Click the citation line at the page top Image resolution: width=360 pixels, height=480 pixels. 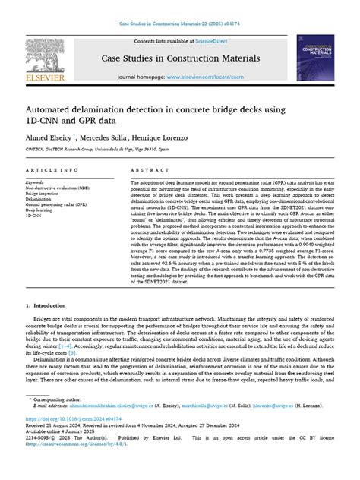click(x=180, y=24)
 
